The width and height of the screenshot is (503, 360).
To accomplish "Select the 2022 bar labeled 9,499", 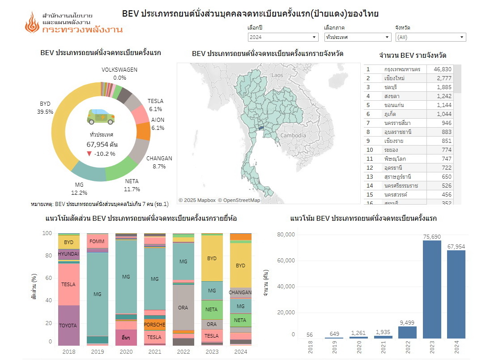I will coord(407,332).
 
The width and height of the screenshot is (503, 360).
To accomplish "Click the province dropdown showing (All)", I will coord(430,37).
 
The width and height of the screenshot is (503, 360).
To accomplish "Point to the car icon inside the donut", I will coord(101,117).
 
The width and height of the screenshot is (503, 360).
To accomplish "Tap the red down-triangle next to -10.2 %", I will coord(90,154).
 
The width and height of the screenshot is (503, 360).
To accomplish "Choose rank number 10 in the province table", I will coord(370,150).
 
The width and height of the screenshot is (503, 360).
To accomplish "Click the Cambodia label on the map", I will coord(293,136).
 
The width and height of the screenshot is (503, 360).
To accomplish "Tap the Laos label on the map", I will coord(277,75).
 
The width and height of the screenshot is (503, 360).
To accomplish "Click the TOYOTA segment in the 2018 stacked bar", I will coord(68,326).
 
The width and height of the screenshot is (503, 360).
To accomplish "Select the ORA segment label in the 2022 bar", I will coord(183,308).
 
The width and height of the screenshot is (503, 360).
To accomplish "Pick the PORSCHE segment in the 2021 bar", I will coord(154,325).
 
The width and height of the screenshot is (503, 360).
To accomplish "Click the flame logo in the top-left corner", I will coord(32,22).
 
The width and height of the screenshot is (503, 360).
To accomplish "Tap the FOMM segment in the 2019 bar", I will coord(97,241).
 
